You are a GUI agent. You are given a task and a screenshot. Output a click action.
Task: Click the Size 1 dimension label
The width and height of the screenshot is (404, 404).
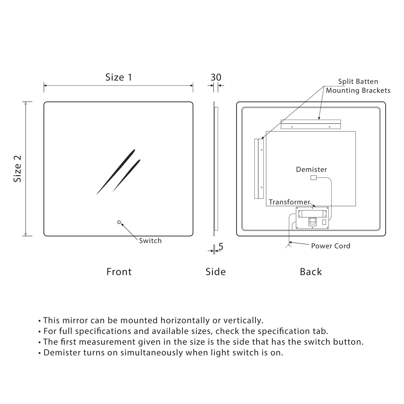pos(119,77)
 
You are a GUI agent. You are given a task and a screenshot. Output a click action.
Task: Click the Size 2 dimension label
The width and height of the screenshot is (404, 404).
pos(17,169)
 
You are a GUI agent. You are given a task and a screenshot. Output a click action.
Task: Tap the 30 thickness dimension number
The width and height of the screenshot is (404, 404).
pos(216,77)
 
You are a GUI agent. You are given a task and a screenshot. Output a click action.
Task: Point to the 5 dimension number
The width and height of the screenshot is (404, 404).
pos(221,247)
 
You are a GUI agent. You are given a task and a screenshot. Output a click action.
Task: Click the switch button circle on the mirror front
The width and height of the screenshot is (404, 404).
pos(119,222)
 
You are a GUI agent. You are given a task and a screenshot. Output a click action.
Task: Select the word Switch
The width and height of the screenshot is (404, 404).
pos(150,241)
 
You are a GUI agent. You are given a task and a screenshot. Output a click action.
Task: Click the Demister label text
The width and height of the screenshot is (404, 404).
pos(311,169)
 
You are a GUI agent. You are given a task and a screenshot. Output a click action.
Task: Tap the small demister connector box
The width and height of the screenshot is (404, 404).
pos(313,178)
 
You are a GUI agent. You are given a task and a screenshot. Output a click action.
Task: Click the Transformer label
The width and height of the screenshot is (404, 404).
pos(289,202)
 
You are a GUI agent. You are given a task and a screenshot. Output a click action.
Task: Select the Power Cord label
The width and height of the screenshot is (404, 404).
pos(331,246)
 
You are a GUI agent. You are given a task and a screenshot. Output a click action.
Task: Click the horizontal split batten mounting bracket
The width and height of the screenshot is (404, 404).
pos(311,124)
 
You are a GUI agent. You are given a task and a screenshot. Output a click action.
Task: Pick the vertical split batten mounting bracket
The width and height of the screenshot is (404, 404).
pos(259,169)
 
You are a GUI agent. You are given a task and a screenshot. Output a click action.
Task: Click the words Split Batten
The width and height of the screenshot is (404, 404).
pos(358,82)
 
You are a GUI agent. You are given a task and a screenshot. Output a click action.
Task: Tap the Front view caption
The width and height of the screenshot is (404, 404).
pos(119,272)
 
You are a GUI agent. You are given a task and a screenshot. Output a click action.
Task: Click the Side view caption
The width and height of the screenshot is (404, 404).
pos(216,272)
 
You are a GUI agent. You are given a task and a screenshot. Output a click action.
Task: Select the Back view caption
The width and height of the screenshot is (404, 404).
pos(311,272)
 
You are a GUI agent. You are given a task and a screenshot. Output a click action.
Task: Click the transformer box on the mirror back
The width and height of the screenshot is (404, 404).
pos(312,218)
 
